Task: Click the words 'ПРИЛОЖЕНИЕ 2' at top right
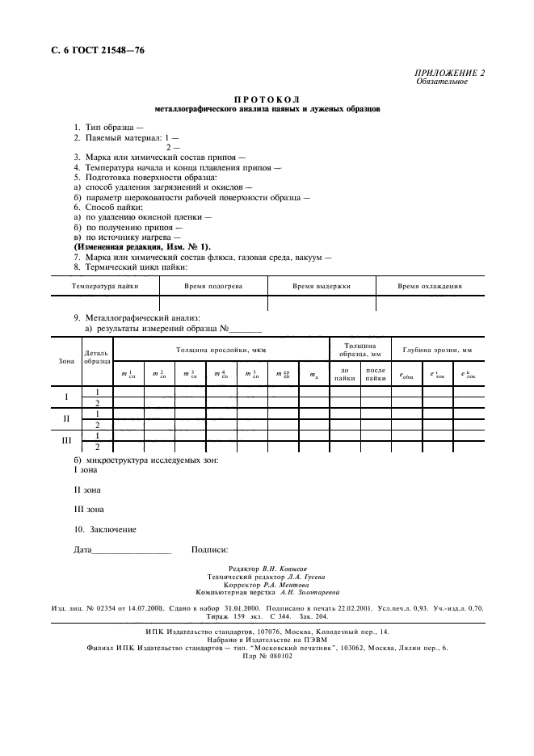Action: pyautogui.click(x=450, y=73)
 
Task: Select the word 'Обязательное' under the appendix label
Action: pyautogui.click(x=441, y=82)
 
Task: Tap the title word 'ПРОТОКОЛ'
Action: pyautogui.click(x=267, y=99)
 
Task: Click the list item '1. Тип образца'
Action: pyautogui.click(x=108, y=128)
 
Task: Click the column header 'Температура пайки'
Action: pyautogui.click(x=105, y=286)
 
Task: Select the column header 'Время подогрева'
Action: pyautogui.click(x=213, y=286)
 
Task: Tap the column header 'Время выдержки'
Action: pyautogui.click(x=322, y=286)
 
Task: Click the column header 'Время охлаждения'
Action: pyautogui.click(x=430, y=286)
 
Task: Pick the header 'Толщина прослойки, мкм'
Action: pyautogui.click(x=221, y=350)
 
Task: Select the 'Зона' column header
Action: pyautogui.click(x=65, y=360)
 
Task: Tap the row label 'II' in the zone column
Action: pyautogui.click(x=65, y=419)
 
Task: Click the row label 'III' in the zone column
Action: pyautogui.click(x=65, y=441)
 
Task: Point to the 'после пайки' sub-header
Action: pyautogui.click(x=376, y=374)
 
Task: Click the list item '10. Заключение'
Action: pyautogui.click(x=105, y=530)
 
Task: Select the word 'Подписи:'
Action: pyautogui.click(x=209, y=550)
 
